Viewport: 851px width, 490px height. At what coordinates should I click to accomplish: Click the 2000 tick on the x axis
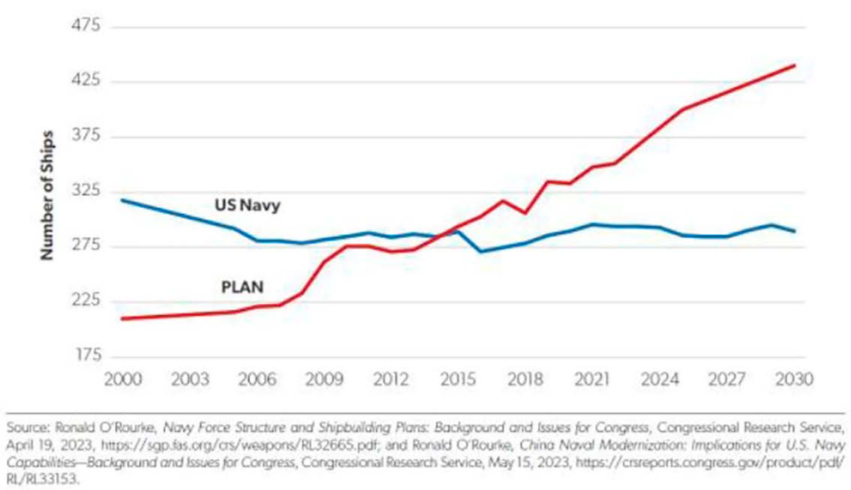pos(121,378)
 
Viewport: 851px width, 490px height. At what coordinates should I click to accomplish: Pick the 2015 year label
pos(458,378)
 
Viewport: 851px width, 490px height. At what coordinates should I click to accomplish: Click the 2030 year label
pos(795,378)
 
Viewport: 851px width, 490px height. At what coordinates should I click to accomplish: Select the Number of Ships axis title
pos(47,191)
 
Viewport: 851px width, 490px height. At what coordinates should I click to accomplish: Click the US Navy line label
pos(247,205)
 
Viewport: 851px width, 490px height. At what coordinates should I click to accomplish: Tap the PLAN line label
pos(242,286)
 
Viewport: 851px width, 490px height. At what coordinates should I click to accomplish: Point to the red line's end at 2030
pos(795,66)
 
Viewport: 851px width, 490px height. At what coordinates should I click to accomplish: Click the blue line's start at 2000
pos(122,200)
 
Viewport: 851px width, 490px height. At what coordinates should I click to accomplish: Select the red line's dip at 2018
pos(525,213)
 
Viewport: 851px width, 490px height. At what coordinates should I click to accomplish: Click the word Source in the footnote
pos(25,428)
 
